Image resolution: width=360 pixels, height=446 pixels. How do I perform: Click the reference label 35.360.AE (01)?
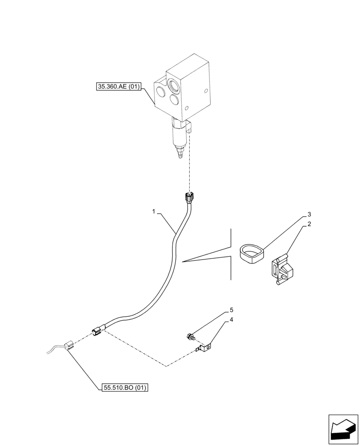pyautogui.click(x=119, y=87)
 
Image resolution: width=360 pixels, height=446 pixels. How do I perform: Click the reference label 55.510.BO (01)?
pyautogui.click(x=123, y=387)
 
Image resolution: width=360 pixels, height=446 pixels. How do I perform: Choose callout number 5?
pyautogui.click(x=231, y=310)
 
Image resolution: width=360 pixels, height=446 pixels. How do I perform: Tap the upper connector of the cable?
pyautogui.click(x=189, y=196)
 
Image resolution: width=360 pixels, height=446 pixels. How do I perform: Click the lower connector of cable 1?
pyautogui.click(x=98, y=331)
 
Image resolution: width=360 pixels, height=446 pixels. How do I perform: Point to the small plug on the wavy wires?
pyautogui.click(x=68, y=345)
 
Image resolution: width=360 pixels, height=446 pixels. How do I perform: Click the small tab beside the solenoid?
pyautogui.click(x=191, y=128)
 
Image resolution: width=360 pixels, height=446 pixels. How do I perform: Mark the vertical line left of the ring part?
pyautogui.click(x=231, y=254)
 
